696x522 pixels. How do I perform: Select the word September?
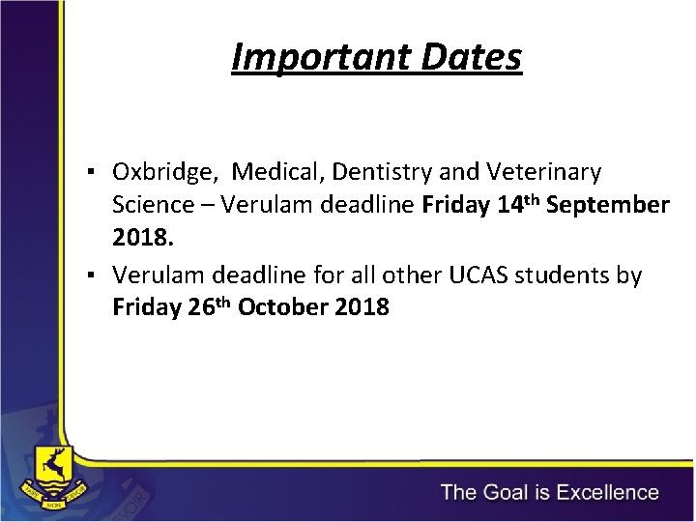pyautogui.click(x=607, y=206)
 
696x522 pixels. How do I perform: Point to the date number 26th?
pyautogui.click(x=207, y=306)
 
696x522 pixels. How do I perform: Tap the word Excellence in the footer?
pyautogui.click(x=595, y=492)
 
